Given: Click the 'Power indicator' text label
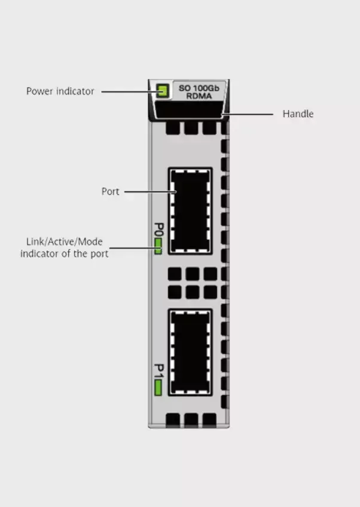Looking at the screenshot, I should pyautogui.click(x=60, y=91).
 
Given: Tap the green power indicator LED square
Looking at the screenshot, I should pyautogui.click(x=161, y=91).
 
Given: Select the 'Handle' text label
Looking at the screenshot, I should pyautogui.click(x=298, y=114).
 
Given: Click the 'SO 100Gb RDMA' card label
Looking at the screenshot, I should pyautogui.click(x=199, y=91).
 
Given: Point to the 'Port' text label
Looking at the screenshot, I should pyautogui.click(x=110, y=192).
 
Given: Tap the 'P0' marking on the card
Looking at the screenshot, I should pyautogui.click(x=158, y=229).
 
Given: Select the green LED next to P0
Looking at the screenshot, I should pyautogui.click(x=158, y=246).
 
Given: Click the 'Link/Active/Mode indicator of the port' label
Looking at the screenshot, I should pyautogui.click(x=64, y=248).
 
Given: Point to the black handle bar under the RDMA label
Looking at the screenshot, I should pyautogui.click(x=188, y=111).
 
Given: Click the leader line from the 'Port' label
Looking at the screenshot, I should pyautogui.click(x=150, y=192).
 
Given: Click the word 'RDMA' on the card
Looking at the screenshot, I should pyautogui.click(x=199, y=96).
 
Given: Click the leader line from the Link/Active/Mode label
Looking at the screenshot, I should pyautogui.click(x=132, y=248).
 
